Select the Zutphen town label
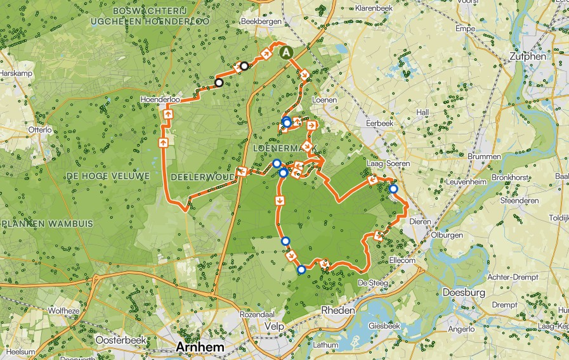coord(528,56)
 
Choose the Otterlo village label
coord(39,129)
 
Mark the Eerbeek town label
coord(379,123)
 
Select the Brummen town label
coord(480,156)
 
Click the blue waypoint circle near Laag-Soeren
coord(393,189)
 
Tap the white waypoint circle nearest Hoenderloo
coord(219,82)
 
